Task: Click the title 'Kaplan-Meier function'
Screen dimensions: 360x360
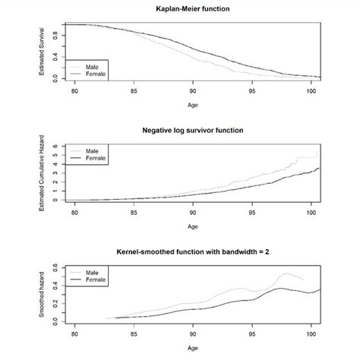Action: pyautogui.click(x=192, y=10)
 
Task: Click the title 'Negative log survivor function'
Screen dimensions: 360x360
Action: pyautogui.click(x=192, y=130)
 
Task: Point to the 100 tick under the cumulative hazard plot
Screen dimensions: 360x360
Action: pyautogui.click(x=311, y=210)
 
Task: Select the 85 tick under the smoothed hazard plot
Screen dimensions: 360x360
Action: pyautogui.click(x=134, y=332)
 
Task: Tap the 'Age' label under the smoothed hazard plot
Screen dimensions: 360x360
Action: pyautogui.click(x=192, y=346)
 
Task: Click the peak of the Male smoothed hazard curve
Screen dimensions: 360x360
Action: pyautogui.click(x=287, y=273)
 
